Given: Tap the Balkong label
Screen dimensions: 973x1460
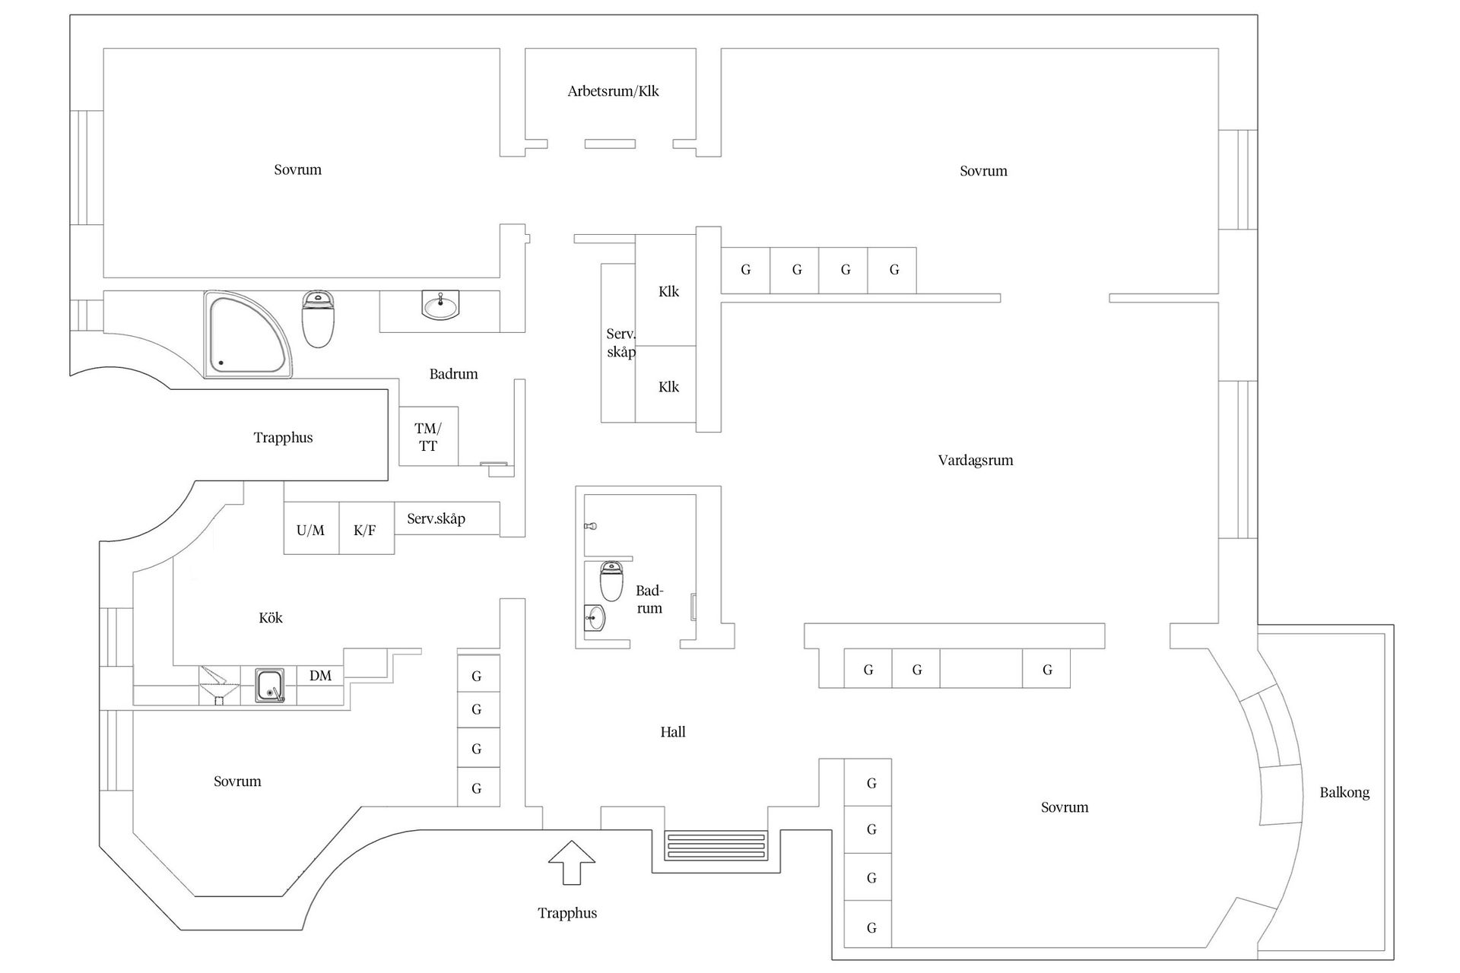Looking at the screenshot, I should tap(1344, 792).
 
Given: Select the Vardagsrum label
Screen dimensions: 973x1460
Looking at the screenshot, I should tap(976, 460).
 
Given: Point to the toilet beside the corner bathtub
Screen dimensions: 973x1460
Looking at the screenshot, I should tap(318, 319).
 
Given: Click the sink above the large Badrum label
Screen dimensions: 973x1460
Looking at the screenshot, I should tap(440, 306).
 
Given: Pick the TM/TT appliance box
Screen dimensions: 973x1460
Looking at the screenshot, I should tap(428, 438).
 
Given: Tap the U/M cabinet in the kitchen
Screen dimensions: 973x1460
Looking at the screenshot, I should tap(310, 530).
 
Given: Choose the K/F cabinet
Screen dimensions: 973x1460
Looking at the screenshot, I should tap(365, 530).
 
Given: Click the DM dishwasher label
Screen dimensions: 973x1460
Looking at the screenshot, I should tap(320, 676).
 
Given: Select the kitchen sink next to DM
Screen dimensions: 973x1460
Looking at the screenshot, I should tap(269, 685).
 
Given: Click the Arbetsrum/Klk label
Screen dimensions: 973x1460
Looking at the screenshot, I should tap(613, 91).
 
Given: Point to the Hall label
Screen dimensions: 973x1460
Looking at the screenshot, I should tap(673, 732).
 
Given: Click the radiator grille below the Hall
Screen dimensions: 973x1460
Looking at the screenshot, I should tap(716, 846).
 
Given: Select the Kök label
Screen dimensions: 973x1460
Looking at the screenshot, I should tap(271, 618).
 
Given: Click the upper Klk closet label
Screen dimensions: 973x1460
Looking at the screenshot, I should tap(668, 291).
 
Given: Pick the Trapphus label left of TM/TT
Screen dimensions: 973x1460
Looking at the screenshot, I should tap(283, 437).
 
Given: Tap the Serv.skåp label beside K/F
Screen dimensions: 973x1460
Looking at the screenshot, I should tap(436, 518).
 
